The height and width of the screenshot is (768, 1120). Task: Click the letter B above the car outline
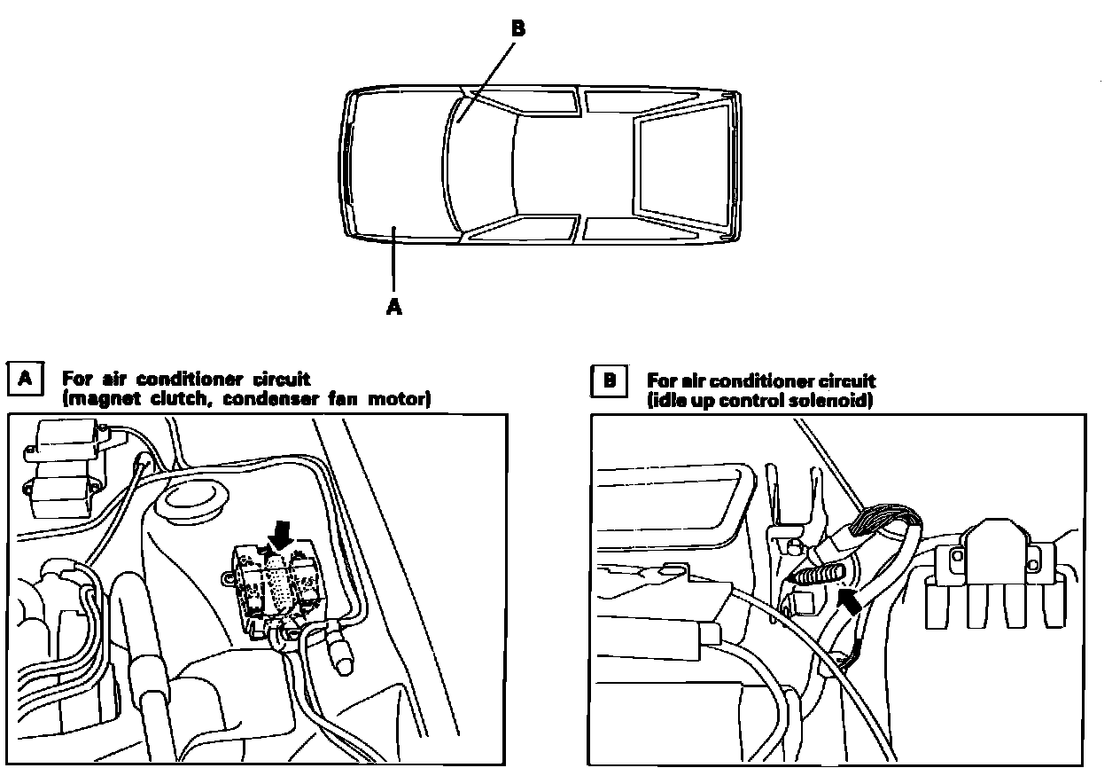point(518,28)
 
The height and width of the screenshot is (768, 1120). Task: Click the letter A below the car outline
point(394,307)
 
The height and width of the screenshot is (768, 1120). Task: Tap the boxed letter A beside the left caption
point(26,380)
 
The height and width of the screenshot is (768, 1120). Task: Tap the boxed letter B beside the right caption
point(609,381)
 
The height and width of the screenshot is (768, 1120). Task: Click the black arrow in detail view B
point(848,604)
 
